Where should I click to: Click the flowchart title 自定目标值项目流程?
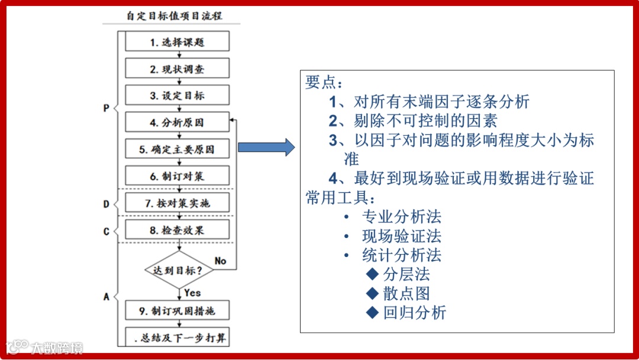[x=175, y=15]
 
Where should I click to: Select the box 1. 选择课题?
[x=177, y=42]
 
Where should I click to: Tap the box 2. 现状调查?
[x=177, y=69]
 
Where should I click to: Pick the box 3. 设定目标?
[x=177, y=95]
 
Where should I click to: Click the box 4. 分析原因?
[x=177, y=123]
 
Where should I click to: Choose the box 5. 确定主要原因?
[x=177, y=149]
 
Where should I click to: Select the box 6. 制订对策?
[x=177, y=176]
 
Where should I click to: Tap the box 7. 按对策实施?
[x=177, y=203]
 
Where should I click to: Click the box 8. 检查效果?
[x=177, y=230]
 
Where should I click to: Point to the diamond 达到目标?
[x=178, y=271]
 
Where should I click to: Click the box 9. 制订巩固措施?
[x=177, y=310]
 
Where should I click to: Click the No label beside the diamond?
[x=220, y=261]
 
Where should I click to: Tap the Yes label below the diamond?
[x=192, y=292]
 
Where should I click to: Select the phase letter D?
[x=106, y=204]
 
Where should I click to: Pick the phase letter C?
[x=106, y=232]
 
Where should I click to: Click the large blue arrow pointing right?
[x=266, y=147]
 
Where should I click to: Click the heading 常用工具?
[x=340, y=197]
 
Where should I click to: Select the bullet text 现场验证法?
[x=402, y=236]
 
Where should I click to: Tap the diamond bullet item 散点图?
[x=406, y=293]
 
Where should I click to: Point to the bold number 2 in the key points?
[x=333, y=121]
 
